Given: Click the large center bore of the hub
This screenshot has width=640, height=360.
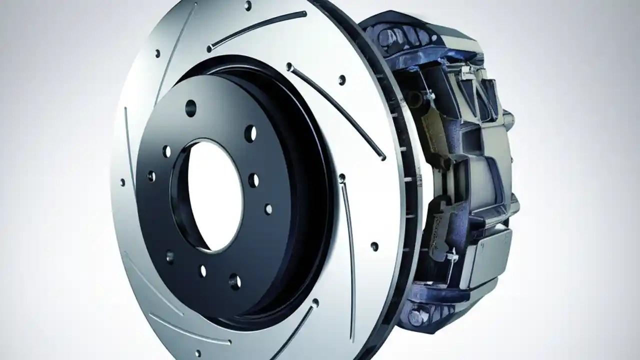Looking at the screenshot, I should tap(210, 195).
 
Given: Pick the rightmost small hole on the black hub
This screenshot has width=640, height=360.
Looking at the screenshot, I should tap(268, 209).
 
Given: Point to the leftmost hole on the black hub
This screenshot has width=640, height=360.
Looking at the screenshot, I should tap(151, 176).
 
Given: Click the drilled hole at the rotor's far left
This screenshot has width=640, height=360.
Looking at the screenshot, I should tap(123, 182).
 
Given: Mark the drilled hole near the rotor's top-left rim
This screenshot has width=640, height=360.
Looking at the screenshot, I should tap(157, 52).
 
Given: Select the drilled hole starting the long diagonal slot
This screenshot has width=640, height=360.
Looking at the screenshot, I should tap(289, 65).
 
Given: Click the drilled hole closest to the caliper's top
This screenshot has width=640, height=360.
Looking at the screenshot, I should tap(342, 79).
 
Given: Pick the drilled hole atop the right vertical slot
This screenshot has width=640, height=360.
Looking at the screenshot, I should tap(342, 177).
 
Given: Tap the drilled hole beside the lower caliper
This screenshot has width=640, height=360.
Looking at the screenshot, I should tap(374, 245).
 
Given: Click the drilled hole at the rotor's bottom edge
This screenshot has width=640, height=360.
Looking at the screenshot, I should tap(315, 302).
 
